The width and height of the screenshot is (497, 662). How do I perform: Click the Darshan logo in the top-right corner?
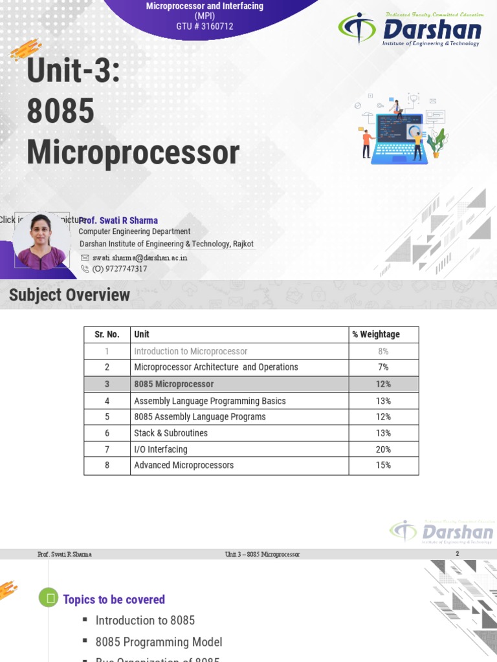(410, 29)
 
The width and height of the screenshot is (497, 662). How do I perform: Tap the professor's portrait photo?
(41, 241)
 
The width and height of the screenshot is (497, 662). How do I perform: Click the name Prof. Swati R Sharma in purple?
(118, 220)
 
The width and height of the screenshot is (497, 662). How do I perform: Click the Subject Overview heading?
(69, 295)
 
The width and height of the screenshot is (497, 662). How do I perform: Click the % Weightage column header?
(376, 334)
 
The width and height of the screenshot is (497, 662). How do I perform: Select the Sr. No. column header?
(107, 334)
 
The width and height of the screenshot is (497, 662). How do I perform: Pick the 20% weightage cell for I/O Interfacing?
(383, 449)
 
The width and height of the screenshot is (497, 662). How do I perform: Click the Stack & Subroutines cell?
(171, 433)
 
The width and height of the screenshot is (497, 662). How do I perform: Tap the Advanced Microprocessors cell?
(184, 465)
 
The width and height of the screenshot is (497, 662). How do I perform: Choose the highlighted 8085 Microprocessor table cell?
(173, 384)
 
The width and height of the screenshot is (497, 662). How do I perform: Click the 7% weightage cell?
(383, 367)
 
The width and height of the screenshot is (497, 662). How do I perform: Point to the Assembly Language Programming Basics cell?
(210, 401)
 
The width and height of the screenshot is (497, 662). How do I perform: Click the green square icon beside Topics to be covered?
(49, 599)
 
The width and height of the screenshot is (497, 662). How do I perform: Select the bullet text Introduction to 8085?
(145, 621)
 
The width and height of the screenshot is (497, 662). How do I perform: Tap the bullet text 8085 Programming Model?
(159, 642)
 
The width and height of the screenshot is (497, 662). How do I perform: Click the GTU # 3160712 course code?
(204, 27)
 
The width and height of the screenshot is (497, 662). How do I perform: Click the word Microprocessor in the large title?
(133, 153)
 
